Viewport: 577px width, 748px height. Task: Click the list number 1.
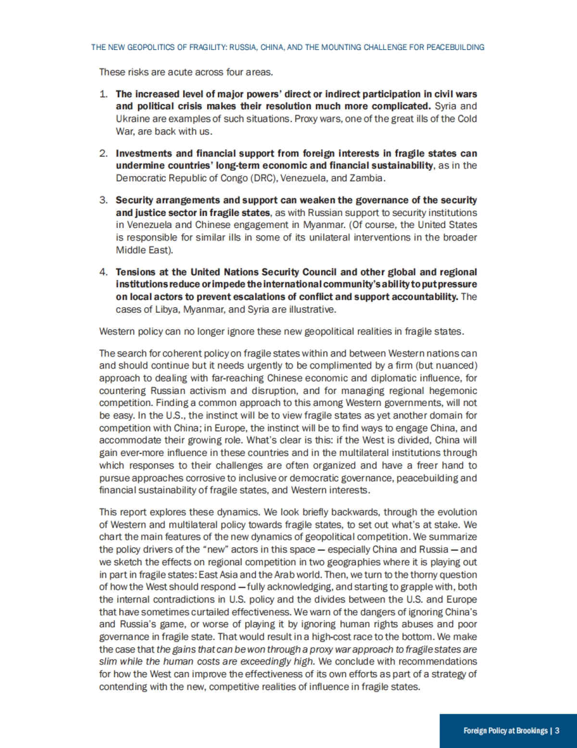103,94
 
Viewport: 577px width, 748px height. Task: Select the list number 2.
103,153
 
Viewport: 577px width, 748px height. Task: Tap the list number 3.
103,200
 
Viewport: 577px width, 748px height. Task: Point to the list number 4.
103,272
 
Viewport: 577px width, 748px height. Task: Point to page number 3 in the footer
557,731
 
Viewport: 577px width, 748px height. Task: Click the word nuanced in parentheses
455,366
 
